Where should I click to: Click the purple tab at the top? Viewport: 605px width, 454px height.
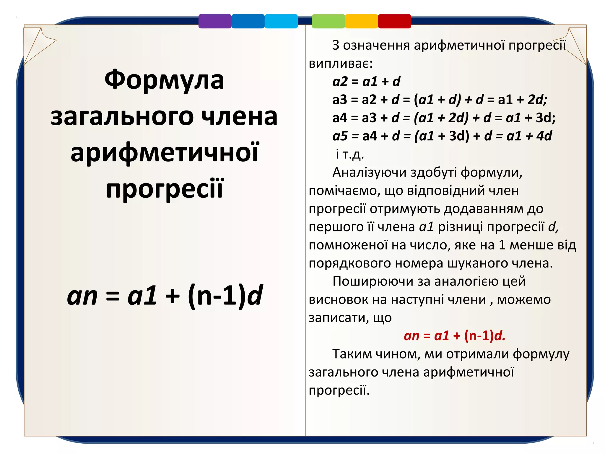215,21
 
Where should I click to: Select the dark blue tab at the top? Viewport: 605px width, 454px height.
248,21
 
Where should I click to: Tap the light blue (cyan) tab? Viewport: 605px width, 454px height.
281,21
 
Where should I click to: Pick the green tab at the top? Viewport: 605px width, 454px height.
328,21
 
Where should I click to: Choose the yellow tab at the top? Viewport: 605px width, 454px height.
361,21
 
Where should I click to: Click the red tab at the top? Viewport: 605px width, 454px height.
394,21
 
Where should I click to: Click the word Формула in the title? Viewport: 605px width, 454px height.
164,80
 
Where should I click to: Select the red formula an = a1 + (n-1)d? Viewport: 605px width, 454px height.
454,336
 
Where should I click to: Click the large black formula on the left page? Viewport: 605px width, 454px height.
165,296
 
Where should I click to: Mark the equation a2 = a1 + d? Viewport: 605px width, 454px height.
366,81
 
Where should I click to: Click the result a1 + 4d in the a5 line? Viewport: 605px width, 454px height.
529,136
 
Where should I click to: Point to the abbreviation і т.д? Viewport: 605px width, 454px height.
349,154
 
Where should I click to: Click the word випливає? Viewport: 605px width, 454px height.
341,64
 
